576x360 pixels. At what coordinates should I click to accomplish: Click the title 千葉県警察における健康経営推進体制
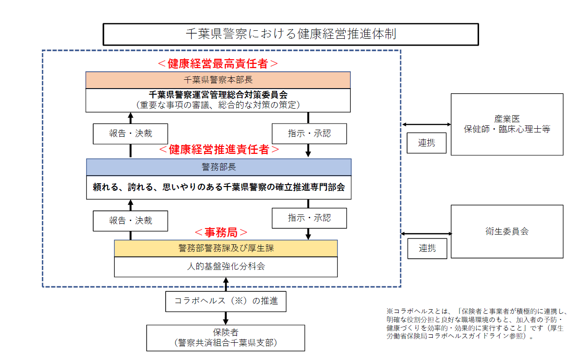pyautogui.click(x=291, y=34)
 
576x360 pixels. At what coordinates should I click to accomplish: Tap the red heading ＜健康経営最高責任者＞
pyautogui.click(x=218, y=63)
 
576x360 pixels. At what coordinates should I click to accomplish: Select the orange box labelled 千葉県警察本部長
pyautogui.click(x=218, y=80)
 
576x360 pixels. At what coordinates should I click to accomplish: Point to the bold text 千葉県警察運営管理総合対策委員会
pyautogui.click(x=218, y=95)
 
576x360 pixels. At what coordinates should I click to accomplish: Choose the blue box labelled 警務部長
pyautogui.click(x=218, y=167)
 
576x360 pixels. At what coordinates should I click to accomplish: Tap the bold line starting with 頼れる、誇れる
pyautogui.click(x=218, y=187)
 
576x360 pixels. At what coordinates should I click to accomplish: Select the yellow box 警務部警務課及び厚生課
pyautogui.click(x=226, y=248)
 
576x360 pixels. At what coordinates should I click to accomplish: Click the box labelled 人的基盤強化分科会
pyautogui.click(x=226, y=266)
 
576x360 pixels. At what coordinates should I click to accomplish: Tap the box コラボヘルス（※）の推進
pyautogui.click(x=226, y=301)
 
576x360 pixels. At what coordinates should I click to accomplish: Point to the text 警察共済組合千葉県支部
pyautogui.click(x=226, y=343)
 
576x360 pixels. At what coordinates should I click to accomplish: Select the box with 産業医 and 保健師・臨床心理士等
pyautogui.click(x=507, y=124)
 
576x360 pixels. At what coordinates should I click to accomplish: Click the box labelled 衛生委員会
pyautogui.click(x=507, y=231)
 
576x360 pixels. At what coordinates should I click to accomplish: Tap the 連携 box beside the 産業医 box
pyautogui.click(x=426, y=143)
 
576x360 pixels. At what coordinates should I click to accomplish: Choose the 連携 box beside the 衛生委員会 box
pyautogui.click(x=426, y=248)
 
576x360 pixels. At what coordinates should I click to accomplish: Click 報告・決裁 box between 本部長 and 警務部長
pyautogui.click(x=131, y=134)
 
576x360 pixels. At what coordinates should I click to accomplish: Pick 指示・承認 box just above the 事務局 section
pyautogui.click(x=309, y=218)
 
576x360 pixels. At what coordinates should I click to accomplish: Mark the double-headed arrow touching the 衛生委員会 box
pyautogui.click(x=426, y=233)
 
